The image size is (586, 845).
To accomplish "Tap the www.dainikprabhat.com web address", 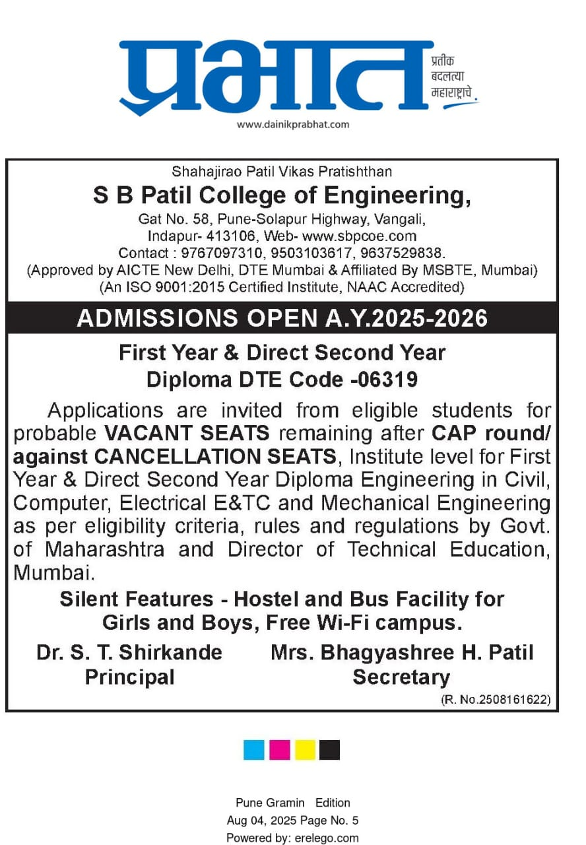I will [293, 124].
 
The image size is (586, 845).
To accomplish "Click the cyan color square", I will [254, 749].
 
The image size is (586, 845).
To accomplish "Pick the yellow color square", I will [305, 749].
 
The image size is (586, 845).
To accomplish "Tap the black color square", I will [329, 749].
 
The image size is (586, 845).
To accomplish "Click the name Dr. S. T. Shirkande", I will [129, 652].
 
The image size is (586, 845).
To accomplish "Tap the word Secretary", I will [401, 677].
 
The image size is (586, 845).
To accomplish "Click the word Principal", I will [129, 677].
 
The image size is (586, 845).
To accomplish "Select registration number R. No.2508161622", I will [496, 699].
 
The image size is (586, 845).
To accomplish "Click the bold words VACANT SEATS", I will [187, 434].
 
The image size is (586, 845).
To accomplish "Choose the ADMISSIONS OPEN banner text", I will [282, 319].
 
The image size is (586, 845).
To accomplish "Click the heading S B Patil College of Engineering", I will [282, 195].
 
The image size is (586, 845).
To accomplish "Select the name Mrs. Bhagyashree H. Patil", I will [401, 652].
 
